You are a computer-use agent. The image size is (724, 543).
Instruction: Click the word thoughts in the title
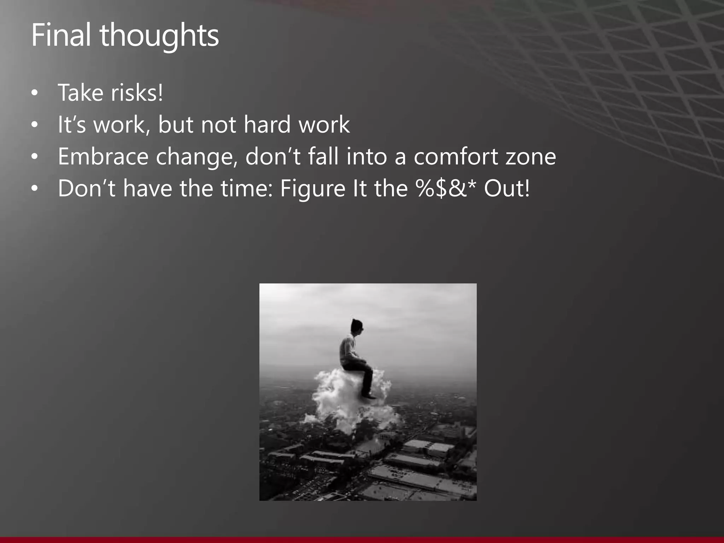pyautogui.click(x=160, y=36)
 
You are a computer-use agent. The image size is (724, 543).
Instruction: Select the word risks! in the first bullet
pyautogui.click(x=137, y=93)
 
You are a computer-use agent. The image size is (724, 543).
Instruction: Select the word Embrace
pyautogui.click(x=103, y=156)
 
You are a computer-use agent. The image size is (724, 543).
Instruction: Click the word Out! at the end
pyautogui.click(x=507, y=188)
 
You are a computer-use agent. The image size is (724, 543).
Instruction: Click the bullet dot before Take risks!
pyautogui.click(x=34, y=93)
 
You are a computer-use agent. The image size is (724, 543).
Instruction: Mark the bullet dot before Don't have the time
pyautogui.click(x=34, y=189)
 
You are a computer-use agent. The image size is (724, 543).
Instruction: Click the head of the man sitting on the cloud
pyautogui.click(x=357, y=326)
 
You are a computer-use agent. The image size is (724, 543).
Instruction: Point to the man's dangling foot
pyautogui.click(x=369, y=396)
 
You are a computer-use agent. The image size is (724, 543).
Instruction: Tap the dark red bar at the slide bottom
pyautogui.click(x=362, y=540)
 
